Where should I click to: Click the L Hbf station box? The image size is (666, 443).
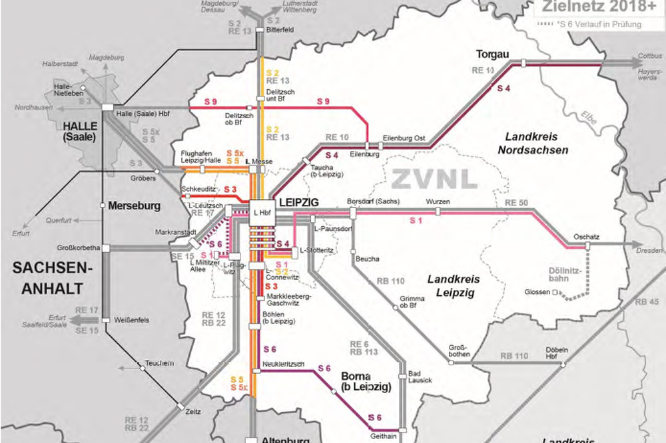click(x=260, y=212)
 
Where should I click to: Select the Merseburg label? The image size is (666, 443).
click(x=134, y=206)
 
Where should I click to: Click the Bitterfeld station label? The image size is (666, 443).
click(x=280, y=31)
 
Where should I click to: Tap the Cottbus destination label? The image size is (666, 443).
click(x=649, y=55)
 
